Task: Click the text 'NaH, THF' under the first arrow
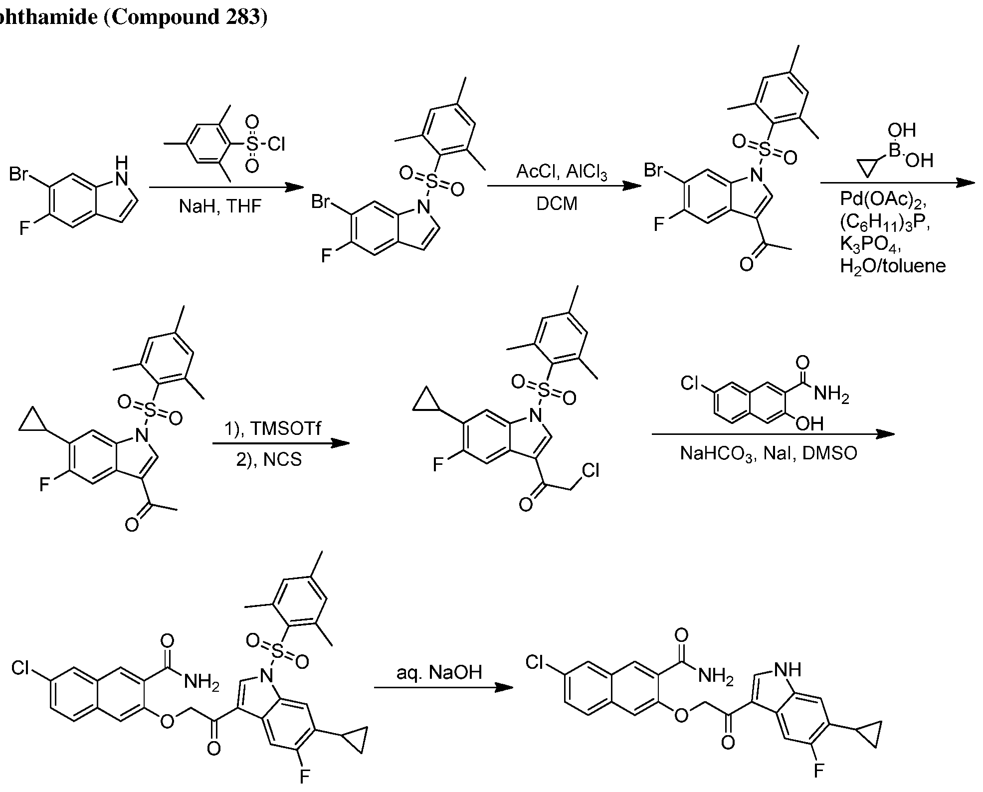pos(220,206)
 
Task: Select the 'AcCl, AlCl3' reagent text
pos(562,172)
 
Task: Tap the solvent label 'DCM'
pos(557,203)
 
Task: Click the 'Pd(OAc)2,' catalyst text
pos(883,199)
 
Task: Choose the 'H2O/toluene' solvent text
pos(893,266)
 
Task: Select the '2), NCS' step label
pos(269,459)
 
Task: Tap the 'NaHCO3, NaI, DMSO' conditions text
pos(769,454)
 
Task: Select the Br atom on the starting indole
pos(19,174)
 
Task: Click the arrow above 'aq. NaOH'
pos(443,688)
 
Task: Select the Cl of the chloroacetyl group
pos(590,471)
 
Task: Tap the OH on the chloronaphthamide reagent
pos(809,423)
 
